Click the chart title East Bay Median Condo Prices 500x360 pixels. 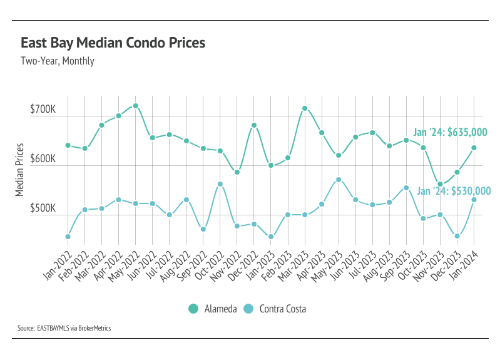[x=113, y=43]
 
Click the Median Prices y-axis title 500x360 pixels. [x=21, y=169]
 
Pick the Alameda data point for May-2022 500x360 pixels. [x=135, y=106]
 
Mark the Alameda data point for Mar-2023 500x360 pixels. [x=305, y=108]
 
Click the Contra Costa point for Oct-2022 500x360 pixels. [x=220, y=184]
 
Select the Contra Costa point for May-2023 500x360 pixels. [x=339, y=180]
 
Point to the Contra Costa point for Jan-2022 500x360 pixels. [x=68, y=237]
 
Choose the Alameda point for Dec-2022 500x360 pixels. [x=254, y=125]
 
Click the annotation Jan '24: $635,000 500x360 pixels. [x=450, y=132]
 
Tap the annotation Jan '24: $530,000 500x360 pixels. [x=454, y=190]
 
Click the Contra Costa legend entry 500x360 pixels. [x=277, y=309]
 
